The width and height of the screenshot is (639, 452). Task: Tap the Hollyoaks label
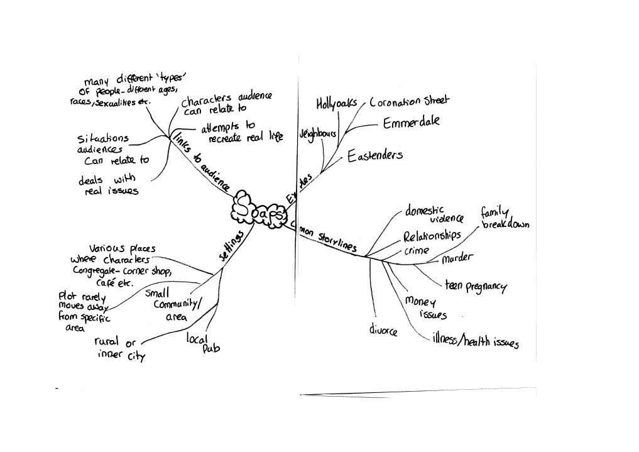pyautogui.click(x=336, y=102)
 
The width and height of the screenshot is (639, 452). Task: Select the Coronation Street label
pyautogui.click(x=409, y=101)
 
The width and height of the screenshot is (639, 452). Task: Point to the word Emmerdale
pyautogui.click(x=412, y=123)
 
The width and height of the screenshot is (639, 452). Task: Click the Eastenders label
pyautogui.click(x=375, y=155)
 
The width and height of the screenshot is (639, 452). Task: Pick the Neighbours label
pyautogui.click(x=318, y=134)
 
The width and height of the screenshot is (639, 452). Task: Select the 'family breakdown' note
pyautogui.click(x=505, y=218)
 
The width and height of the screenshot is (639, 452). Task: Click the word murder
pyautogui.click(x=457, y=258)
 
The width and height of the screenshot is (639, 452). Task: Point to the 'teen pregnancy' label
pyautogui.click(x=475, y=285)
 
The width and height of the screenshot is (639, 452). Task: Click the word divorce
pyautogui.click(x=383, y=330)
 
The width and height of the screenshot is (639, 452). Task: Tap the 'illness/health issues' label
pyautogui.click(x=475, y=341)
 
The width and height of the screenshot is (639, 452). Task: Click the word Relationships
pyautogui.click(x=432, y=237)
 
